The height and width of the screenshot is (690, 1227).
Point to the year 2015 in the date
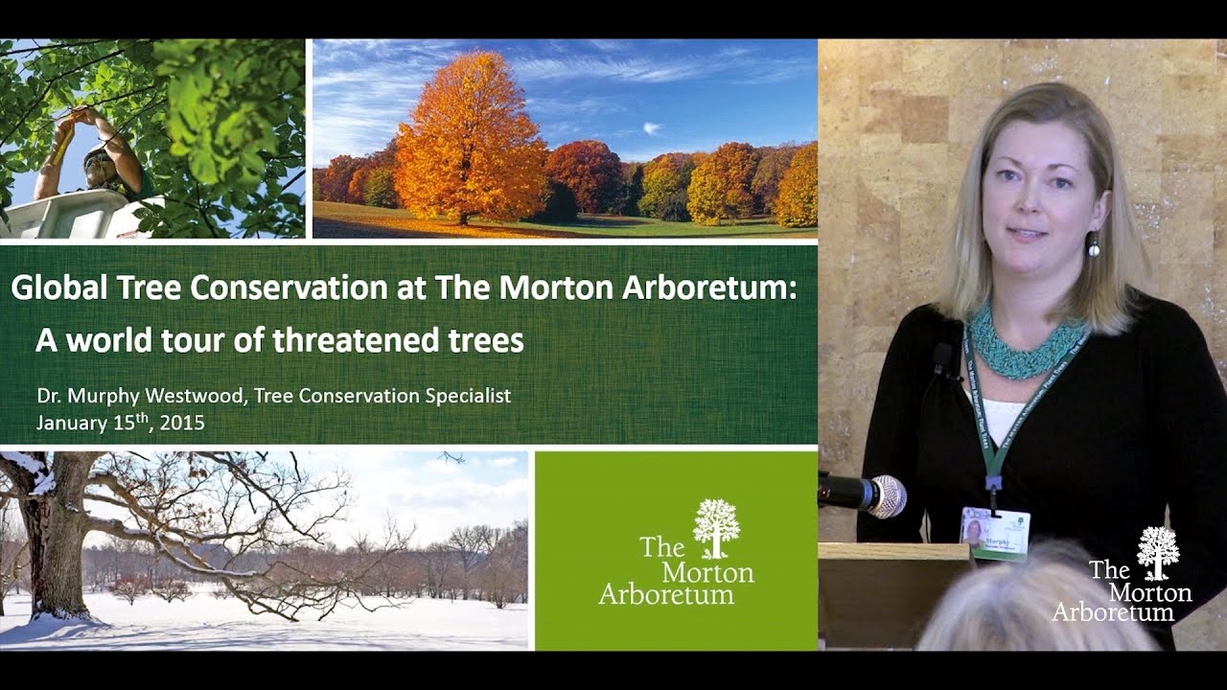182,422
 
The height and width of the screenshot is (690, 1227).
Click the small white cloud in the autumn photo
652,127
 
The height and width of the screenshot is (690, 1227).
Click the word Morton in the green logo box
707,571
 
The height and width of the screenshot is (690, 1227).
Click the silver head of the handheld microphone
888,495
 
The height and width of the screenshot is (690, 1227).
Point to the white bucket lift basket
67,216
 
